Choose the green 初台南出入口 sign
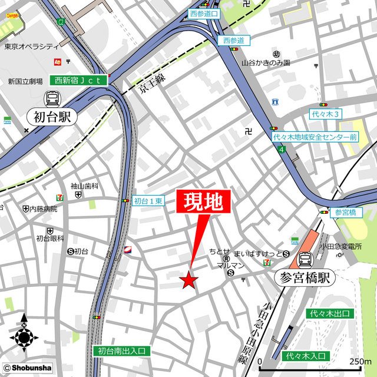click(122, 351)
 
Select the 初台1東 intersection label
click(148, 201)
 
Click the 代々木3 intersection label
click(325, 113)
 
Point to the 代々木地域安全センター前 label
click(315, 137)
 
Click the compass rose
click(24, 338)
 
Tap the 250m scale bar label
click(360, 361)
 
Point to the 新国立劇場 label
click(25, 82)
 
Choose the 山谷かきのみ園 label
click(266, 62)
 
